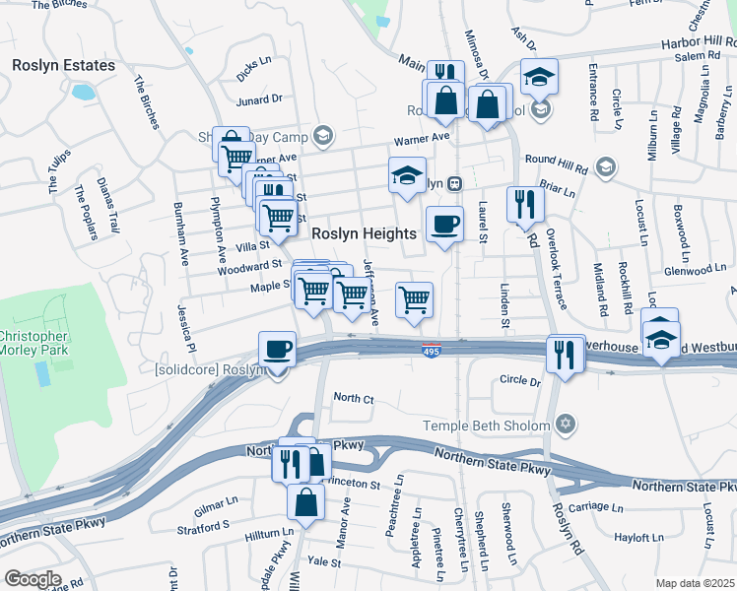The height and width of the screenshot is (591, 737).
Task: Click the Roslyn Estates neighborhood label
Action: tap(63, 65)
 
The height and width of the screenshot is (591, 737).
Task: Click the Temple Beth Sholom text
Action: tap(485, 426)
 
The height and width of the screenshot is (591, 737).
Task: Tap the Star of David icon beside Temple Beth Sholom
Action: tap(565, 425)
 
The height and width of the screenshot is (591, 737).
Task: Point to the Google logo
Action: tap(33, 578)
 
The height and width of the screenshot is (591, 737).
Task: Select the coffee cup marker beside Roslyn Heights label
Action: tap(444, 224)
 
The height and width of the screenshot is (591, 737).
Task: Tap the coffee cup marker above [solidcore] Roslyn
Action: tap(277, 349)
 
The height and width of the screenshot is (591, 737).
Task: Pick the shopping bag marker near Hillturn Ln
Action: tap(305, 501)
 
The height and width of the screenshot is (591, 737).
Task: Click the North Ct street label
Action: tap(354, 398)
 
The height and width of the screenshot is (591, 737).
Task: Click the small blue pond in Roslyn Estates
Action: tap(83, 94)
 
